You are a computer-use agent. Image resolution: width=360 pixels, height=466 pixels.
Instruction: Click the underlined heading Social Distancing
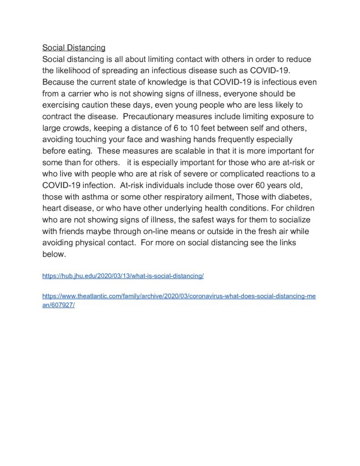[x=74, y=47]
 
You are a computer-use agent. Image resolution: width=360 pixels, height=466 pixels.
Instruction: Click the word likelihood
[x=76, y=71]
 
